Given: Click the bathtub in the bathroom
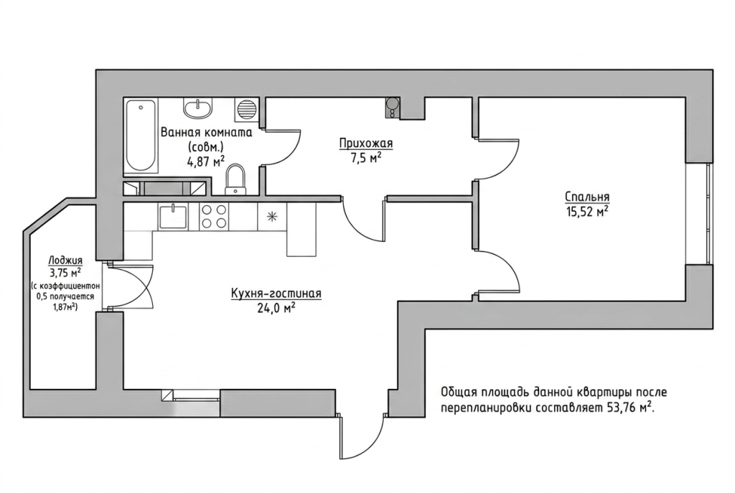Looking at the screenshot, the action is pyautogui.click(x=141, y=136).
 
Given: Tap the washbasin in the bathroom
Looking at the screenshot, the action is pyautogui.click(x=198, y=108).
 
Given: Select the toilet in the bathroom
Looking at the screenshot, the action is pyautogui.click(x=235, y=180).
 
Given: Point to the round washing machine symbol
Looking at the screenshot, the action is pyautogui.click(x=247, y=109).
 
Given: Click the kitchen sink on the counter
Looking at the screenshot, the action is pyautogui.click(x=173, y=217).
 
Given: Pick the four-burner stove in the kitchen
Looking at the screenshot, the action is pyautogui.click(x=214, y=217).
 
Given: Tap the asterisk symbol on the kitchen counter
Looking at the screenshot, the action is pyautogui.click(x=272, y=217).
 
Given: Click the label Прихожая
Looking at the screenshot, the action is pyautogui.click(x=366, y=144).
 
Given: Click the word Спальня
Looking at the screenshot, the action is pyautogui.click(x=587, y=197).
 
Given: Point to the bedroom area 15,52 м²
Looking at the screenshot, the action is pyautogui.click(x=587, y=212).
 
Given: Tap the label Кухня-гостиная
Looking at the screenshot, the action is pyautogui.click(x=276, y=294).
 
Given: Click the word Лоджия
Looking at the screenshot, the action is pyautogui.click(x=65, y=260).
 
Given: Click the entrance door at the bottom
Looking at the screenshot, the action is pyautogui.click(x=361, y=436).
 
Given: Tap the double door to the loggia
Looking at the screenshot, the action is pyautogui.click(x=131, y=286).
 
